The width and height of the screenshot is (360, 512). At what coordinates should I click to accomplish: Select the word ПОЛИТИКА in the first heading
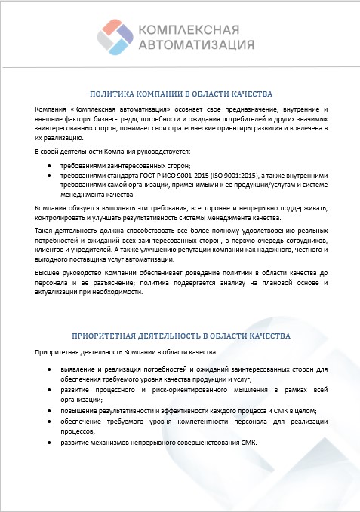click(x=111, y=95)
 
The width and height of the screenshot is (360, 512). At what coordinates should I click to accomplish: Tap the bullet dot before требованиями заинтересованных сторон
click(x=49, y=166)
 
